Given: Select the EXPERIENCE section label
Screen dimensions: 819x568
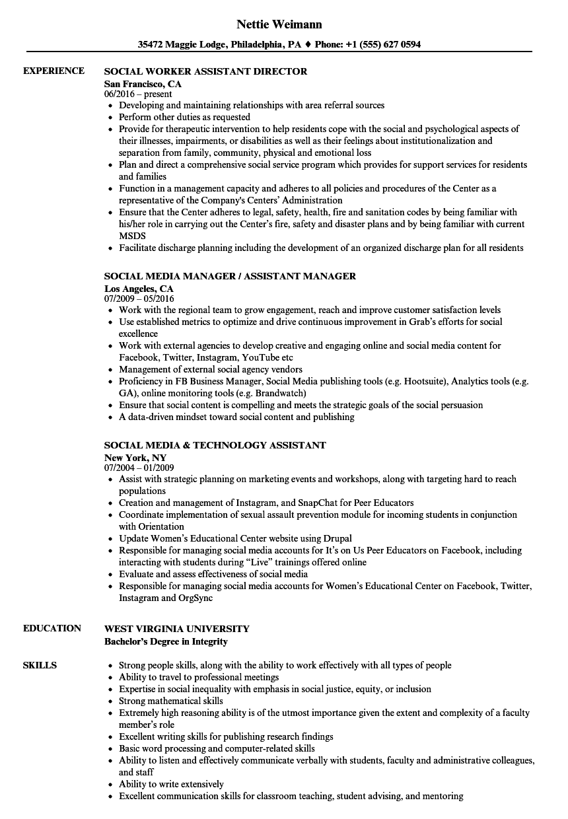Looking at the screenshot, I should click(x=53, y=71).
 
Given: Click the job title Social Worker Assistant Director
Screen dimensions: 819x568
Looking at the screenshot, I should click(x=205, y=71).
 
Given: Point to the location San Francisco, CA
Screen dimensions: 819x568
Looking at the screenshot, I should click(x=143, y=84).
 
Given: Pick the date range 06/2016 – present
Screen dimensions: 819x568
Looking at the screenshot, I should click(x=138, y=94).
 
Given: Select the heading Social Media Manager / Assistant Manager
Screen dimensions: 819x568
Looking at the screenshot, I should click(x=230, y=276).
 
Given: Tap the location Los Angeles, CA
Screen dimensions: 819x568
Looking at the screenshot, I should click(x=139, y=289).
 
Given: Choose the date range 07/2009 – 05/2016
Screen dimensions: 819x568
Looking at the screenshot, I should click(x=139, y=299).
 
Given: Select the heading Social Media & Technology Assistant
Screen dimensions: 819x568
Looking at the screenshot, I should click(x=215, y=445).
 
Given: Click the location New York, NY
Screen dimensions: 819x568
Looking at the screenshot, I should click(x=135, y=457).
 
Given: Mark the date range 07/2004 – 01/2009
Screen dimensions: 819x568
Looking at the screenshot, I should click(x=139, y=468).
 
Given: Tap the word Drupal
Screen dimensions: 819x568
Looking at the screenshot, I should click(x=337, y=538).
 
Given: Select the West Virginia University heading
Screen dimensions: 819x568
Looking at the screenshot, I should click(x=177, y=628).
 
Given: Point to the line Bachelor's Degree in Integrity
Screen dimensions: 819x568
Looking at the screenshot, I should click(x=166, y=641).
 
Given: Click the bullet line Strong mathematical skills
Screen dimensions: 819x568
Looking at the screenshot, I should click(x=170, y=701).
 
